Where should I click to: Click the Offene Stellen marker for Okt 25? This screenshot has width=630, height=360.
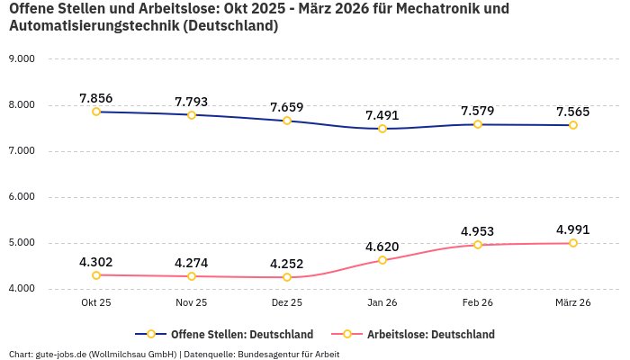tap(96, 112)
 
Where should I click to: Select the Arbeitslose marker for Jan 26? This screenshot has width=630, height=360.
tap(382, 260)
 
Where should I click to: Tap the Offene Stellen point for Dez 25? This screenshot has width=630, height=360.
tap(287, 121)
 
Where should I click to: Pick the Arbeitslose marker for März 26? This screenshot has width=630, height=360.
tap(573, 243)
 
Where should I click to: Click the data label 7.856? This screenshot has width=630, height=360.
tap(96, 98)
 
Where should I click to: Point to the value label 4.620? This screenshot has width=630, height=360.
tap(382, 247)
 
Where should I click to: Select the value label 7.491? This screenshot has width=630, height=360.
tap(382, 115)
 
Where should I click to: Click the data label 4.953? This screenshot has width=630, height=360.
tap(478, 231)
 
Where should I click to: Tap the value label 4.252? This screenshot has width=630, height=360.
tap(287, 264)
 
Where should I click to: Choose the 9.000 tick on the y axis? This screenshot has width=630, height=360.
tap(21, 58)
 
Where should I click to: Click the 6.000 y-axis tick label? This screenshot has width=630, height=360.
tap(21, 196)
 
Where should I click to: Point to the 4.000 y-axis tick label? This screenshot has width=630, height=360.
tap(21, 288)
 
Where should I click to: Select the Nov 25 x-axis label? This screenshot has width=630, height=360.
tap(192, 303)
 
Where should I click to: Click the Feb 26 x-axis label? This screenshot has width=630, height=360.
tap(478, 303)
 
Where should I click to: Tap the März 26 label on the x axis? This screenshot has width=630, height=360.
tap(573, 303)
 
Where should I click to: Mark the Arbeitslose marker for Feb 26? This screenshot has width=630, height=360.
tap(478, 245)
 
